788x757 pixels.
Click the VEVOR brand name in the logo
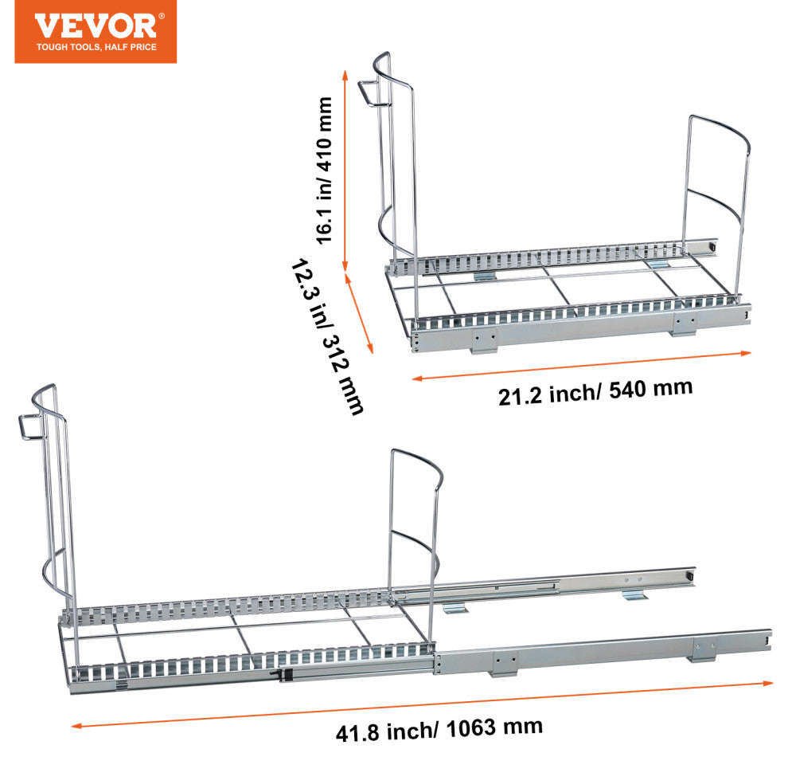coord(95,26)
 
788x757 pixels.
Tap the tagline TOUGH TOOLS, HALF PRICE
coord(96,47)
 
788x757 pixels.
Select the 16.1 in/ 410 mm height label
coord(324,171)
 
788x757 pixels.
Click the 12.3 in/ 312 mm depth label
coord(327,338)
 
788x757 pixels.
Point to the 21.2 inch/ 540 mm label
coord(595,392)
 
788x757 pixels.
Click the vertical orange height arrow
coord(345,171)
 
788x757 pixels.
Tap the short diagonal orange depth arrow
coord(359,313)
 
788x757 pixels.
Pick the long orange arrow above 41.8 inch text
coord(422,704)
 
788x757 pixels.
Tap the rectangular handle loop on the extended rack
coord(31,428)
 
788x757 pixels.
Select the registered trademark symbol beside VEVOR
coord(162,16)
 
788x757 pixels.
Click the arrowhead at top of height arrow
coord(345,74)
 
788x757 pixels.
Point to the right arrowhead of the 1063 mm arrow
coord(768,683)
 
